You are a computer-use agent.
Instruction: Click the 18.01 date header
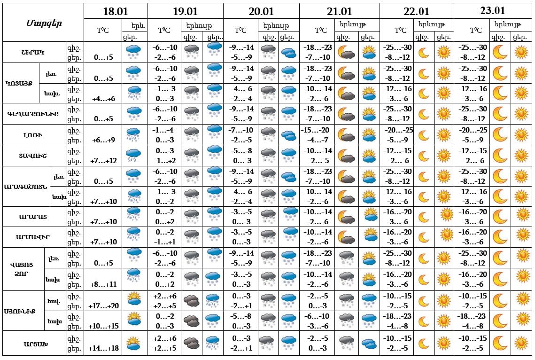(x=115, y=12)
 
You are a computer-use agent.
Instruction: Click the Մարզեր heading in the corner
(x=43, y=23)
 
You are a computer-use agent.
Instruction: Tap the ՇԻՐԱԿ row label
(x=35, y=52)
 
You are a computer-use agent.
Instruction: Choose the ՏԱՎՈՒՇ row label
(x=35, y=156)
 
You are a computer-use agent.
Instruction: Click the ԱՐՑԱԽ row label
(x=35, y=344)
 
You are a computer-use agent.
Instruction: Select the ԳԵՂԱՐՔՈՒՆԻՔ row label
(x=35, y=114)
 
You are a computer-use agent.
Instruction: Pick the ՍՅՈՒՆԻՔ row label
(x=23, y=311)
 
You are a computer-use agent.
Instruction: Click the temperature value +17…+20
(x=104, y=306)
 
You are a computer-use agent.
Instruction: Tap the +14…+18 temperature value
(x=104, y=348)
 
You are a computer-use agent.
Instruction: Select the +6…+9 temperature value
(x=104, y=140)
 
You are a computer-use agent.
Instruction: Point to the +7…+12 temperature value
(x=104, y=161)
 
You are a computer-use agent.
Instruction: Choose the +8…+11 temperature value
(x=104, y=284)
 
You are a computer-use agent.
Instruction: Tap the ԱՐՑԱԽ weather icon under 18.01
(x=134, y=344)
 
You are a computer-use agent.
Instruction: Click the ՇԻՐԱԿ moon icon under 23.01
(x=500, y=52)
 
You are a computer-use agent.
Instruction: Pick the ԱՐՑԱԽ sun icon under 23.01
(x=521, y=344)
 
